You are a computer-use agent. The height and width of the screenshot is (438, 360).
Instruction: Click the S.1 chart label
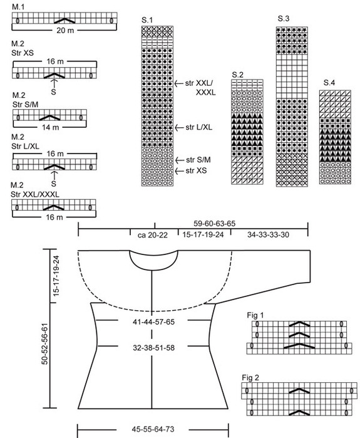(x=147, y=20)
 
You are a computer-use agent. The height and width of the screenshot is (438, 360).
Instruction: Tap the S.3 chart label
(x=284, y=19)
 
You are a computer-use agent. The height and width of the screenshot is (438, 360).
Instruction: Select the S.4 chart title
(x=329, y=83)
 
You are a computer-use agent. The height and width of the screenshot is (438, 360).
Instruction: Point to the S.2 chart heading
(x=237, y=75)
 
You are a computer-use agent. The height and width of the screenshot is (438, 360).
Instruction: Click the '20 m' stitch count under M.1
(x=65, y=30)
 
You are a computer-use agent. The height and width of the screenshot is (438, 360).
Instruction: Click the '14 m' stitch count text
(x=51, y=127)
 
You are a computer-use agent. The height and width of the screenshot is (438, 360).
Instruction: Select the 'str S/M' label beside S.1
(x=198, y=160)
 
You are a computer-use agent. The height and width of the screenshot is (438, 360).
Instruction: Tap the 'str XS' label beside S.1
(x=196, y=170)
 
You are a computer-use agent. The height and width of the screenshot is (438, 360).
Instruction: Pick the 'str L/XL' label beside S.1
(x=199, y=127)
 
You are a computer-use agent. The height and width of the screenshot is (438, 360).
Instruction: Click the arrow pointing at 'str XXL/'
(x=179, y=83)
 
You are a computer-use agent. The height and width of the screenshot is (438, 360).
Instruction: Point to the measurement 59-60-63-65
(x=214, y=224)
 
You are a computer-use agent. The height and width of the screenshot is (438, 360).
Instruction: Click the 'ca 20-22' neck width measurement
(x=153, y=235)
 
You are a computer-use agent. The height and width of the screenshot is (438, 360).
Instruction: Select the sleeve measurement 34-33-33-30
(x=268, y=234)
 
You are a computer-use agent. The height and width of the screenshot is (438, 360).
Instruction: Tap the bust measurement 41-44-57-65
(x=154, y=322)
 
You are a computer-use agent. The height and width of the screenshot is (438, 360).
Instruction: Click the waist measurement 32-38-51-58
(x=154, y=348)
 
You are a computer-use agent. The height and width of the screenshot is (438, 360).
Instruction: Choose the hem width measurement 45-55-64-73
(x=153, y=429)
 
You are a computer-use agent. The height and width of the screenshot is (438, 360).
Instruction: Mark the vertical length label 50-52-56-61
(x=44, y=344)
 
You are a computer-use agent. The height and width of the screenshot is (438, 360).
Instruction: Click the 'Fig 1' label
(x=255, y=315)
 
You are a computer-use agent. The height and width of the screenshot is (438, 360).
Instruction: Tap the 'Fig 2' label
(x=250, y=378)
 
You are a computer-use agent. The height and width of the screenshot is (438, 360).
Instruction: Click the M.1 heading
(x=18, y=7)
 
